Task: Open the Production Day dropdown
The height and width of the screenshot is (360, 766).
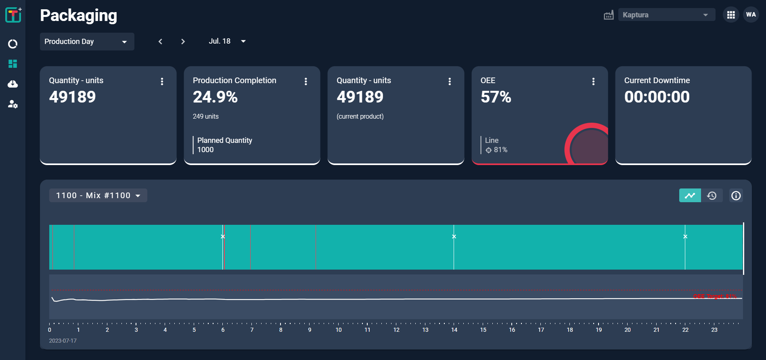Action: tap(87, 42)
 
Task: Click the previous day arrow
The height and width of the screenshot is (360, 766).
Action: tap(160, 42)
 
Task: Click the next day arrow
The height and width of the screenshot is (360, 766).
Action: tap(183, 42)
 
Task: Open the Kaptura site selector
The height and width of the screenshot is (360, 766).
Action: tap(666, 15)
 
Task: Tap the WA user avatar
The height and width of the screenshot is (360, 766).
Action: tap(751, 15)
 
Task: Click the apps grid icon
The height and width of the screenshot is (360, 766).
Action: tap(730, 15)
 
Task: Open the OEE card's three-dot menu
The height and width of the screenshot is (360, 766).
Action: tap(593, 82)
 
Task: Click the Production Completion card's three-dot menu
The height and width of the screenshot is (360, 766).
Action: tap(306, 82)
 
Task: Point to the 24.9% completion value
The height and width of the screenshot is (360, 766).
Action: tap(215, 97)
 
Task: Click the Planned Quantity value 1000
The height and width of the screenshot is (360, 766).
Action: tap(205, 150)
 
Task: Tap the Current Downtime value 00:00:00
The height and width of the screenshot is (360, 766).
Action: tap(657, 97)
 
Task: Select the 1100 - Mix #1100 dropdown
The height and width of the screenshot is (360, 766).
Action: tap(98, 195)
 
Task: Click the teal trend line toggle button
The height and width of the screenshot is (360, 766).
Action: tap(690, 196)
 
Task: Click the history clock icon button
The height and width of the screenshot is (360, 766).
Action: tap(712, 196)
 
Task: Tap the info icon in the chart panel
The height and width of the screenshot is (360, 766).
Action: tap(736, 196)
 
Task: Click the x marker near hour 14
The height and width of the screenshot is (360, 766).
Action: tap(454, 237)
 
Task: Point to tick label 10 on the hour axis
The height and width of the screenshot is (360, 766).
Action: tap(338, 330)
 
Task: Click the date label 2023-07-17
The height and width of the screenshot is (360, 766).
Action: tap(63, 341)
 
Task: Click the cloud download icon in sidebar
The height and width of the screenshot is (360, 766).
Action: tap(13, 84)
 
